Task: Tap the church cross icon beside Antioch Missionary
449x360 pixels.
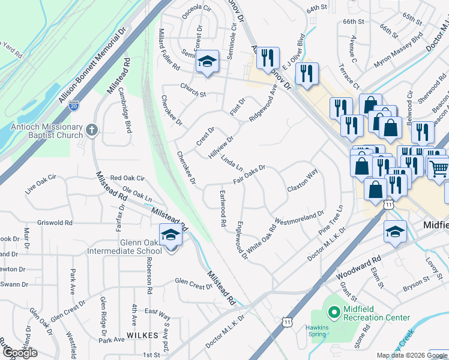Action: pyautogui.click(x=91, y=130)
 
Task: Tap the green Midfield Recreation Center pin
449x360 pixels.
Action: pyautogui.click(x=334, y=312)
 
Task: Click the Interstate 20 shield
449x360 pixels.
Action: pyautogui.click(x=73, y=106)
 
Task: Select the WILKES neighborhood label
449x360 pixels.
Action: pyautogui.click(x=143, y=334)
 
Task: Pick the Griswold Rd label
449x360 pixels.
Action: pyautogui.click(x=55, y=223)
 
